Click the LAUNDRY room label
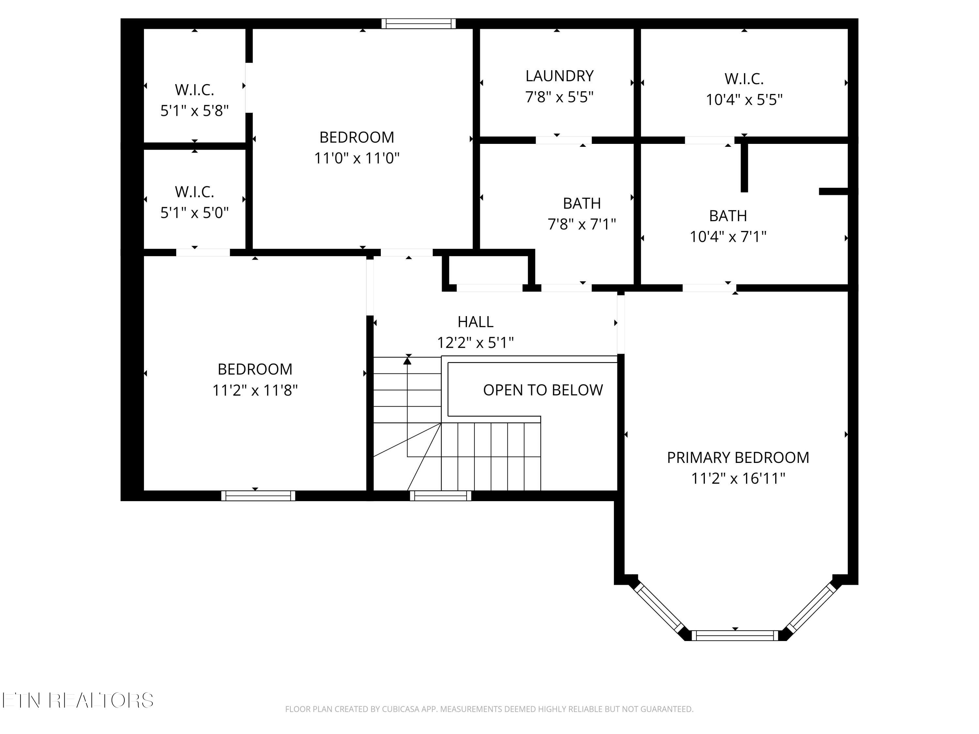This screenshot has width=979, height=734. pos(559,76)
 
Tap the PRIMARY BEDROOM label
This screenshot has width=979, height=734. pos(738,457)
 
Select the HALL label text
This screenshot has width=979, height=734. pos(475,322)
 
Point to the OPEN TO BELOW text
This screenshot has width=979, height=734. pos(543,390)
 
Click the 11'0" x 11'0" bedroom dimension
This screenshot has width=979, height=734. pos(357,158)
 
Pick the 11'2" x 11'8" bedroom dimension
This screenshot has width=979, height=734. pos(255,390)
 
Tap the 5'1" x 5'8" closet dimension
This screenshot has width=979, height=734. pos(194,111)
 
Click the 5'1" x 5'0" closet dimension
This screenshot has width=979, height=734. pos(194,213)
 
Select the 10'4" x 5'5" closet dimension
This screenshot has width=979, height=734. pos(744,99)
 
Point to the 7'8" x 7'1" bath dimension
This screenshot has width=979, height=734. pos(582,224)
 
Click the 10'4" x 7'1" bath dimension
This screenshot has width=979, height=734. pos(728,237)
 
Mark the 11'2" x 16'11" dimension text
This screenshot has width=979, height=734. pos(738,478)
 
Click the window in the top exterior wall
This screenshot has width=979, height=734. pos(419,23)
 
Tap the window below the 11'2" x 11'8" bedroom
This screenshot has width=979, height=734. pos(258,496)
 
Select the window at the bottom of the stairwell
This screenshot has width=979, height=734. pos(440,496)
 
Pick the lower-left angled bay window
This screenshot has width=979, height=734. pos(659,608)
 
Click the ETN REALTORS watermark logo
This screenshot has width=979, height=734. pos(78,700)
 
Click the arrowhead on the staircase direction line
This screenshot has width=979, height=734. pos(407,360)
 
